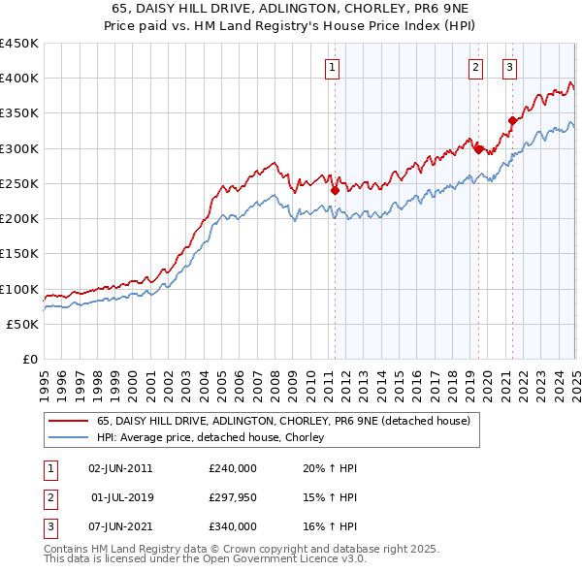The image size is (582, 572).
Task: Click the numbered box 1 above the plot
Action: (x=333, y=67)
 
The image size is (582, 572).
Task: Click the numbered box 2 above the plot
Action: (x=476, y=67)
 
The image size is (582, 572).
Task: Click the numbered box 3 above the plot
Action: (x=509, y=67)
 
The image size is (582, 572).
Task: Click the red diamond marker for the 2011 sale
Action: (x=335, y=190)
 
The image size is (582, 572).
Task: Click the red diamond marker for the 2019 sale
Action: (x=478, y=148)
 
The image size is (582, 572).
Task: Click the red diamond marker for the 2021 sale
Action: (x=512, y=120)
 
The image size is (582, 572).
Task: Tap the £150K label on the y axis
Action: (x=19, y=254)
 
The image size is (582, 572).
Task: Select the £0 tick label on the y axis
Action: (x=29, y=360)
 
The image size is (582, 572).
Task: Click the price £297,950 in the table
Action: (x=233, y=497)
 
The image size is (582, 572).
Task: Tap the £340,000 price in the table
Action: (x=233, y=526)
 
